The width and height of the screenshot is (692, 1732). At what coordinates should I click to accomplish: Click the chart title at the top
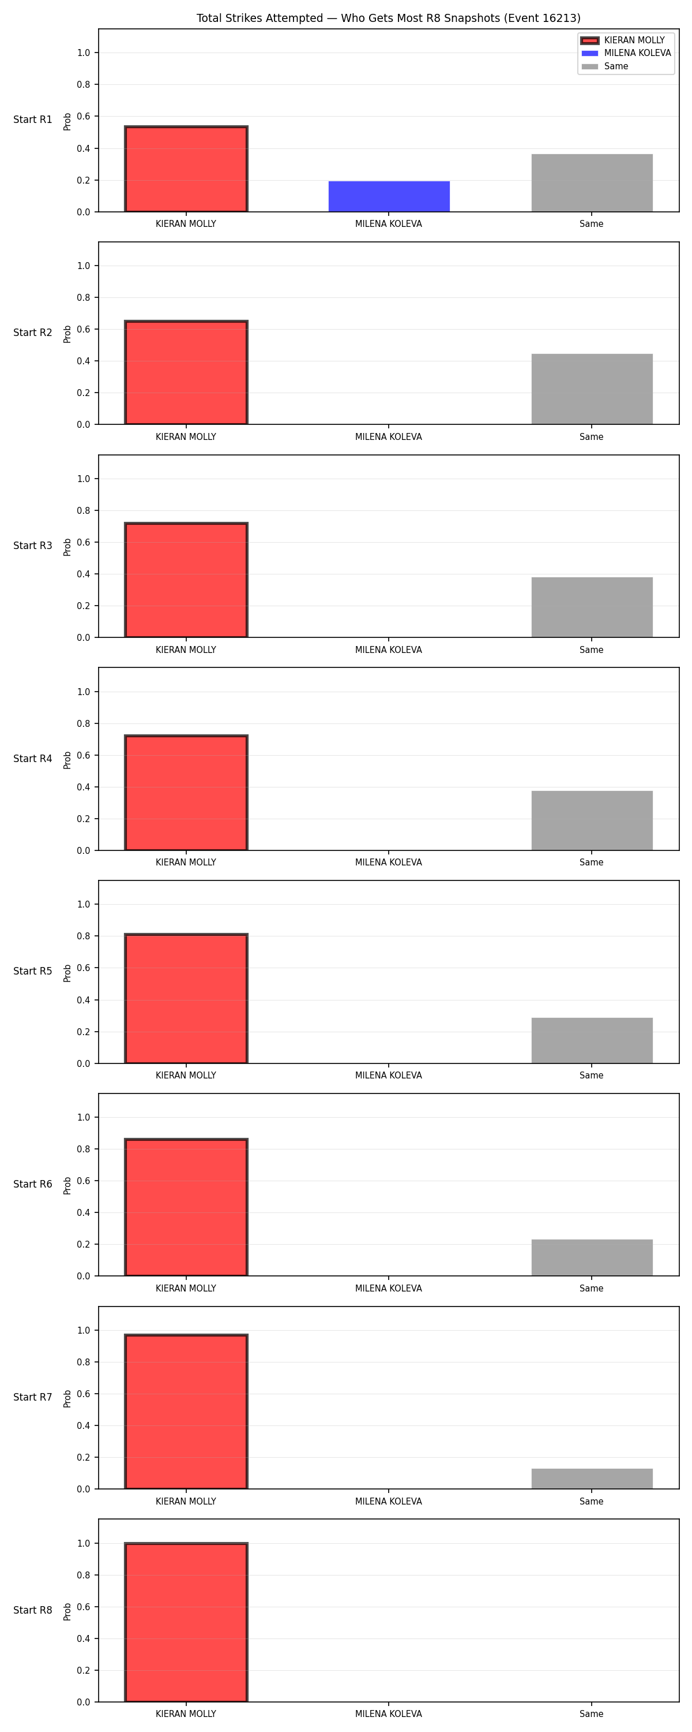point(388,18)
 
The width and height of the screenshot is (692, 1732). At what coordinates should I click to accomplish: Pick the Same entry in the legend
point(605,66)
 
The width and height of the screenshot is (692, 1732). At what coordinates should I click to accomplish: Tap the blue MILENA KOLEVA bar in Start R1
point(389,196)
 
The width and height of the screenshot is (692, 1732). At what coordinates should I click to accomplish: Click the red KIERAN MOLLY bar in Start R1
point(186,169)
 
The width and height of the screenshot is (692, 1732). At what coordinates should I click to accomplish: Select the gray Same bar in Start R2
point(592,389)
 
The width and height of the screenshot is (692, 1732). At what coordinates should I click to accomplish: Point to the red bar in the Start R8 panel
point(186,1622)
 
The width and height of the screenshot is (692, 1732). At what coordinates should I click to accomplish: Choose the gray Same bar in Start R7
point(592,1479)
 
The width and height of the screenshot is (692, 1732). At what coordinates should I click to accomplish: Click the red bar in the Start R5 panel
point(186,998)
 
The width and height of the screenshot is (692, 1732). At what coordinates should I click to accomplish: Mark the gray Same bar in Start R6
point(592,1258)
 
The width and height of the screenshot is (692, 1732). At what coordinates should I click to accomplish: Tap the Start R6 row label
point(33,1184)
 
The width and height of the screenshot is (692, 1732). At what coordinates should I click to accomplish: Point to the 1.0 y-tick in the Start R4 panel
point(83,692)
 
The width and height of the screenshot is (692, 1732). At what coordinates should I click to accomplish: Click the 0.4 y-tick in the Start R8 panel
point(83,1638)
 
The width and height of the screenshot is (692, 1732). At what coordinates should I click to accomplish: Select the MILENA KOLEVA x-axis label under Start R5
point(388,1075)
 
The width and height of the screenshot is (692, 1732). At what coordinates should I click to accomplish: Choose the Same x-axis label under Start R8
point(591,1714)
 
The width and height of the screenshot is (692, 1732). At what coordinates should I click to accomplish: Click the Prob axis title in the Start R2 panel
point(67,334)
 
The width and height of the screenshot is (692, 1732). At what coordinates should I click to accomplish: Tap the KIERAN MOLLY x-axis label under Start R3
point(186,649)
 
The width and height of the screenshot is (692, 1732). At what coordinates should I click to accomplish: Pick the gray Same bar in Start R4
point(592,821)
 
